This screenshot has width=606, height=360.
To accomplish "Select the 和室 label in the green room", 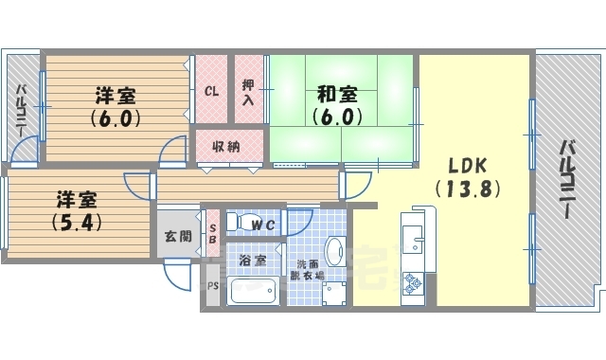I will pos(336,94).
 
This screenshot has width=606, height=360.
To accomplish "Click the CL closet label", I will pos(212,93).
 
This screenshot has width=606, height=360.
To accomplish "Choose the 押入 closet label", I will pos(248,92).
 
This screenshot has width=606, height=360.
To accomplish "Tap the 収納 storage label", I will pos(224,147).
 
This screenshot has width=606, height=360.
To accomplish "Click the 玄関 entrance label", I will pos(178,236).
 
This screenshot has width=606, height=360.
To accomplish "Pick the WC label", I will pos(264,225).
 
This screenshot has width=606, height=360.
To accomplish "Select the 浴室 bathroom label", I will pos(251,260).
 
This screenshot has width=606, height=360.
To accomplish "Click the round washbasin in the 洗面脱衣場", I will pos(334,252).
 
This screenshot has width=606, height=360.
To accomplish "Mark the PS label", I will pos(212,284).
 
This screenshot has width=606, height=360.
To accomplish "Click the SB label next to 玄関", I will pos(212,233).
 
